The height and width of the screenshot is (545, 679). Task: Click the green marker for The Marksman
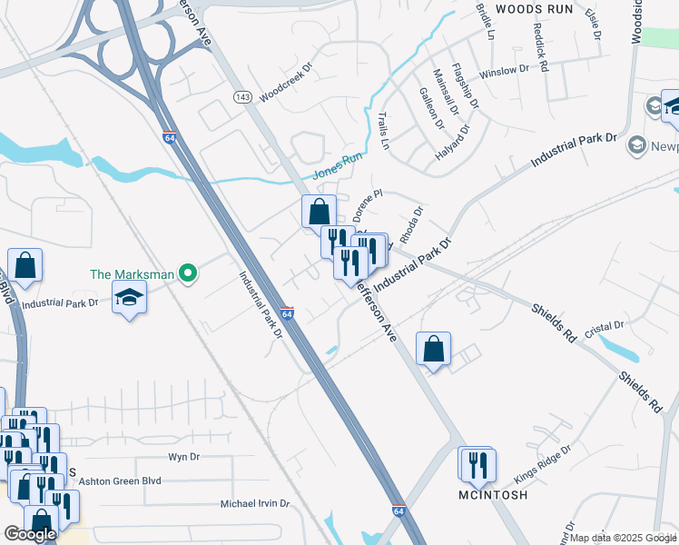(x=188, y=272)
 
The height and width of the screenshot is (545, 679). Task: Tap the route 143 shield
(x=242, y=97)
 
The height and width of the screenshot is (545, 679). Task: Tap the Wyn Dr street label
(x=183, y=457)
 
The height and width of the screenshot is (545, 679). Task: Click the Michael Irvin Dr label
(x=255, y=503)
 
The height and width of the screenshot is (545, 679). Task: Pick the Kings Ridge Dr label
(x=544, y=463)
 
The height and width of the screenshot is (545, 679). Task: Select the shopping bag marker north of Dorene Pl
(x=319, y=213)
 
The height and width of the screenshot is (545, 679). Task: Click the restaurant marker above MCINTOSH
(x=476, y=465)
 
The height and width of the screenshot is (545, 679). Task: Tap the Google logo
(x=30, y=534)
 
